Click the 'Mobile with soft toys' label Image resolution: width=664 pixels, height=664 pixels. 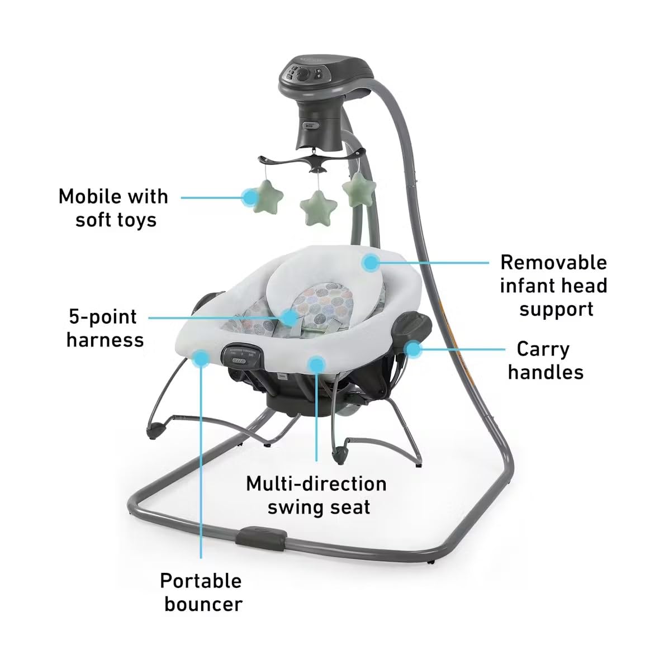tap(113, 208)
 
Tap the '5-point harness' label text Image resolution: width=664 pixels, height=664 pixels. tap(105, 328)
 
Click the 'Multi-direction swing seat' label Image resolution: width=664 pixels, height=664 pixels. tap(316, 495)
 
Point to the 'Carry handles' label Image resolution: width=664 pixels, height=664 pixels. tap(545, 361)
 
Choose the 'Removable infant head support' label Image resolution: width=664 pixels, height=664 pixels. tap(553, 286)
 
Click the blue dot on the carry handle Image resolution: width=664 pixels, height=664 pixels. tap(413, 349)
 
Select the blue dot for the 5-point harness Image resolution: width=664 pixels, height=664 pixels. tap(290, 317)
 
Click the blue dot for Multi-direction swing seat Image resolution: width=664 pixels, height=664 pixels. tap(316, 364)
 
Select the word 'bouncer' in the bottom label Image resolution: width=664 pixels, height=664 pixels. tap(202, 604)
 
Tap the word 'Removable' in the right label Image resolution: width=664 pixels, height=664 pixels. tap(553, 262)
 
